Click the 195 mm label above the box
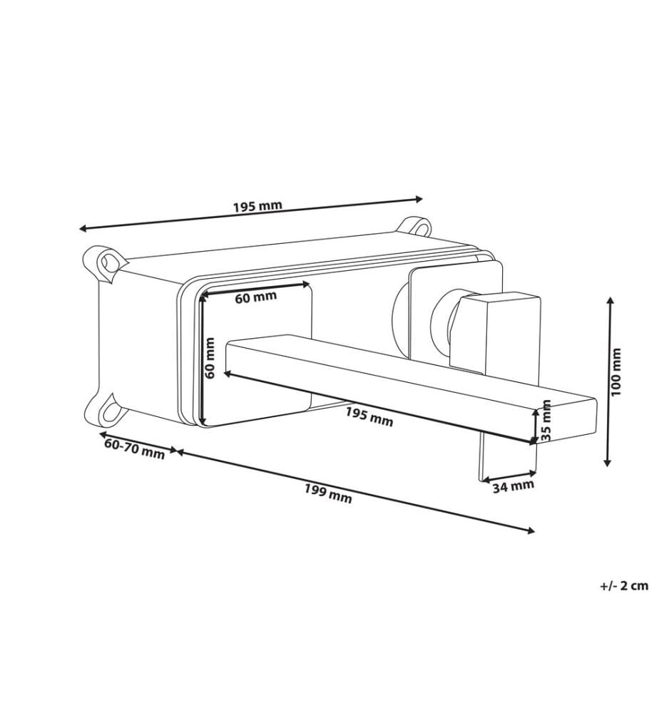[258, 206]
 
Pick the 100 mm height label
[615, 372]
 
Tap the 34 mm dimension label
[514, 486]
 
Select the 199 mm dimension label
[328, 493]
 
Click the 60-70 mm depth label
[135, 449]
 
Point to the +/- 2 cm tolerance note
[624, 585]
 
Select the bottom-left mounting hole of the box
[111, 411]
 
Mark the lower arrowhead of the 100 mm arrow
[607, 461]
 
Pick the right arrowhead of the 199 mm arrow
[531, 530]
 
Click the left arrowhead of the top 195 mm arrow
[83, 228]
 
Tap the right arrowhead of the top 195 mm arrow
[418, 199]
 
